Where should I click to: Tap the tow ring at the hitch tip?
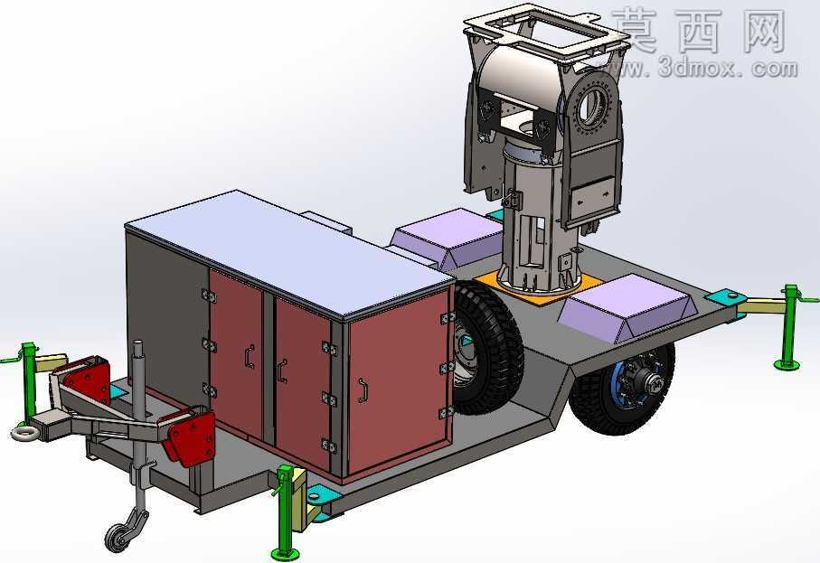[24, 433]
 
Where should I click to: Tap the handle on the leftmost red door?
[250, 357]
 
